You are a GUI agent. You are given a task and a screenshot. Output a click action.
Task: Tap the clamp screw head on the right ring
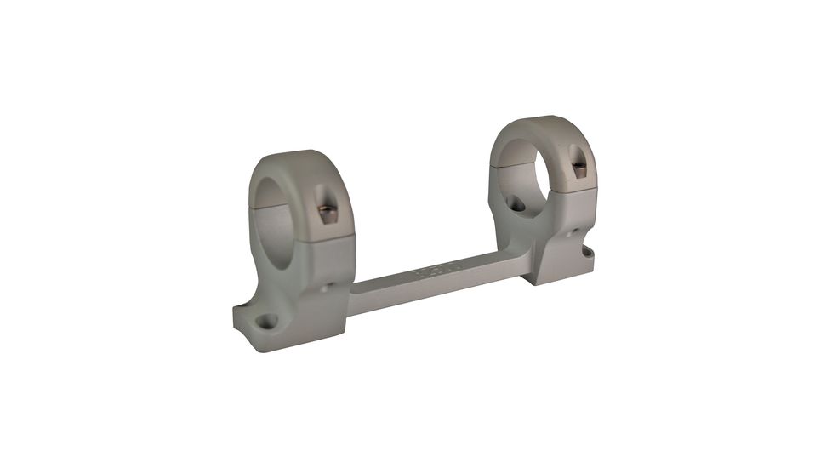tap(579, 171)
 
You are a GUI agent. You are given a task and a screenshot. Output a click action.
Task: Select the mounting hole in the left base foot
tap(267, 321)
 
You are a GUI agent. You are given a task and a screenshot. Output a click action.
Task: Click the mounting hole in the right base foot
tap(586, 253)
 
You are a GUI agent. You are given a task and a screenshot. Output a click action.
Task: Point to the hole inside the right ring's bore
tap(516, 204)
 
